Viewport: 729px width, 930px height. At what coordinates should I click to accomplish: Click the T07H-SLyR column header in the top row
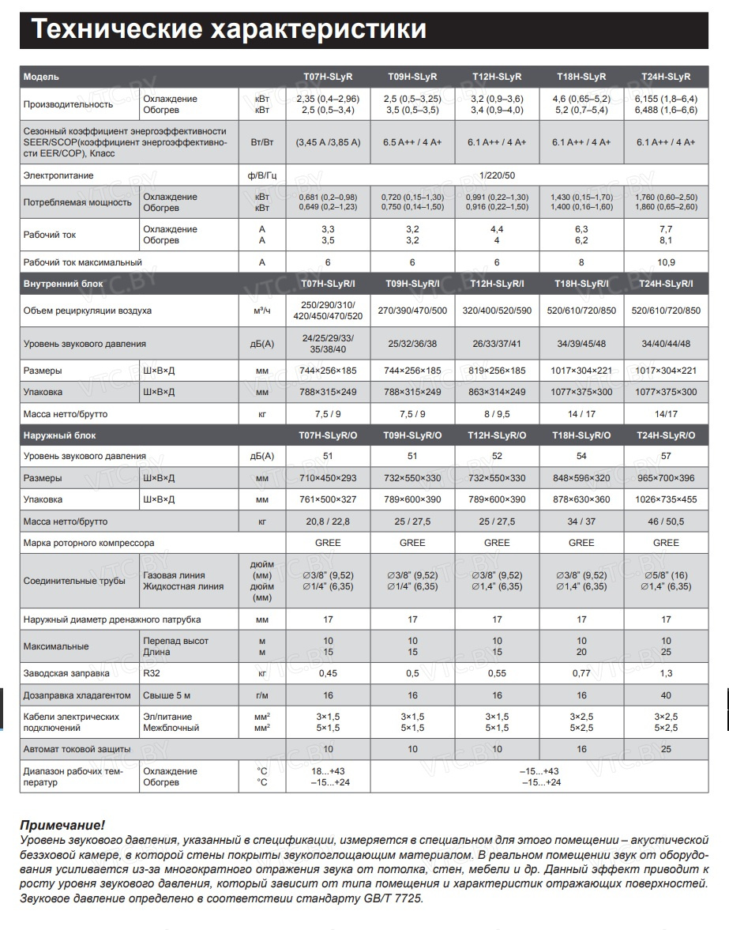[328, 77]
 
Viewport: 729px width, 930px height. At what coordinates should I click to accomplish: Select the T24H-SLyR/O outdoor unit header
[666, 435]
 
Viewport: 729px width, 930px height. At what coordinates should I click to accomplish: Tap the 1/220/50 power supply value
[497, 175]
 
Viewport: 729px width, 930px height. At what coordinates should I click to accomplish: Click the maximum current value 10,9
[666, 262]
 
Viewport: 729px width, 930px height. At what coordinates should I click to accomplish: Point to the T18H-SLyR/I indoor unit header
[581, 283]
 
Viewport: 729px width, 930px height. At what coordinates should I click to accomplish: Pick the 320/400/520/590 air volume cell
[497, 311]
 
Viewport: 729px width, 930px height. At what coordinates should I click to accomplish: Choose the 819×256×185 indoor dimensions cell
[497, 371]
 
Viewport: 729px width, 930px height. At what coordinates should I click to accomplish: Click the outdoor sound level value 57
[666, 456]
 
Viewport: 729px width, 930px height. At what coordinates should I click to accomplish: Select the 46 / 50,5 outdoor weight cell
[666, 521]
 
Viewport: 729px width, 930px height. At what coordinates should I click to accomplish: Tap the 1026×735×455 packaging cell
[666, 499]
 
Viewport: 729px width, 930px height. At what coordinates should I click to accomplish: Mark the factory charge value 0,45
[328, 673]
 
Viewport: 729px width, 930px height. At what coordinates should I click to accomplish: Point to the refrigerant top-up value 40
[666, 695]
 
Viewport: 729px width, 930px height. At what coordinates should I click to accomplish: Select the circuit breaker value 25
[666, 748]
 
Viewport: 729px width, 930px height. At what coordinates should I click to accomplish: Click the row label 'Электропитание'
[58, 175]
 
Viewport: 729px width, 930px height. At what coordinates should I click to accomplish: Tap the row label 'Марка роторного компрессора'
[88, 543]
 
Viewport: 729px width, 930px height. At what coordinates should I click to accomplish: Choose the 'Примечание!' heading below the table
[62, 825]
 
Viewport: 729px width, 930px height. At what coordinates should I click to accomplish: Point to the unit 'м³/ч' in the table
[262, 311]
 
